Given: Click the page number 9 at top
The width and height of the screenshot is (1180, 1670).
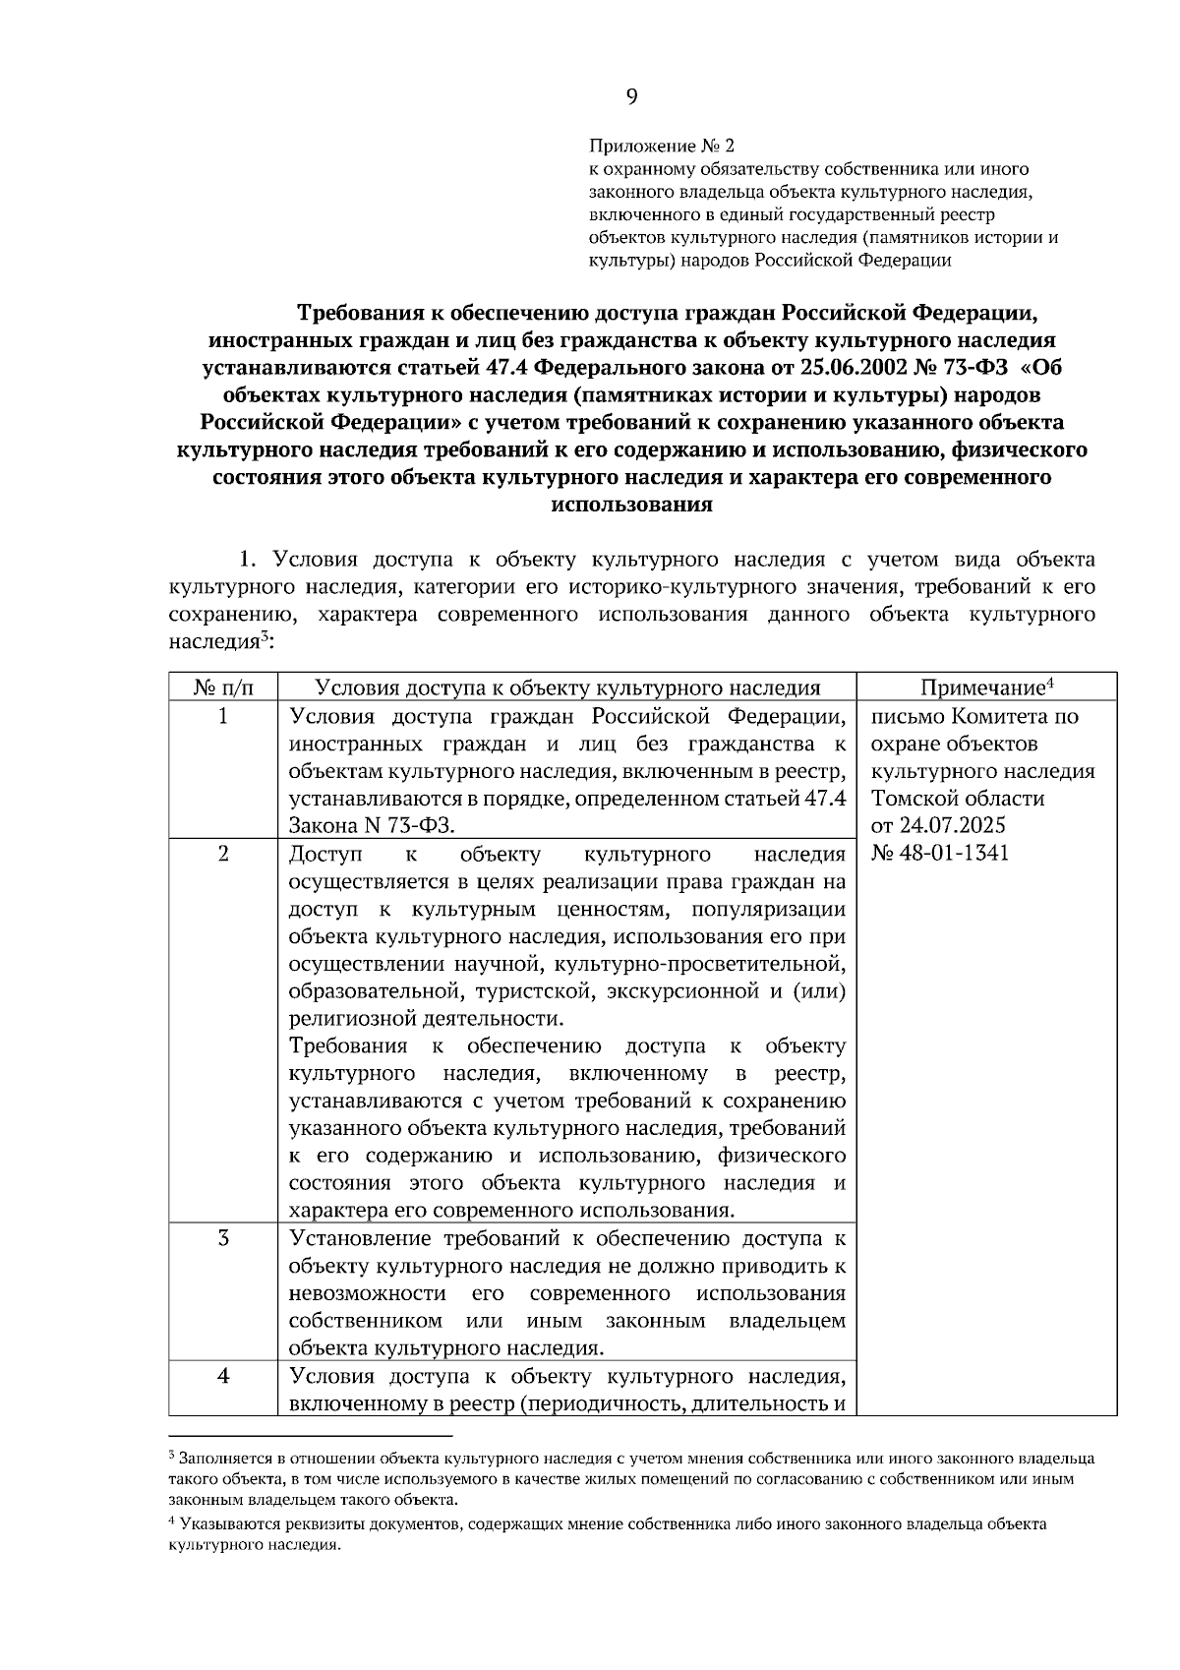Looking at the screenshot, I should (x=631, y=95).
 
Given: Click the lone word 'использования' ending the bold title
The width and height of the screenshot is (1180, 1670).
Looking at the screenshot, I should (x=631, y=506).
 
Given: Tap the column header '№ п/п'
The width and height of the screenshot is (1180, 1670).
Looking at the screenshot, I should (x=223, y=687).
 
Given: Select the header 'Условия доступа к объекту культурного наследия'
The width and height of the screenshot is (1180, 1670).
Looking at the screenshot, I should (x=567, y=687).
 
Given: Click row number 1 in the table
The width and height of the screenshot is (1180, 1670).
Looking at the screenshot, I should (x=223, y=716).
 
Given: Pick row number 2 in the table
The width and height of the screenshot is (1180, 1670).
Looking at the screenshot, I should (x=223, y=854).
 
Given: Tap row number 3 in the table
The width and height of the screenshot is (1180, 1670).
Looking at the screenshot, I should (x=223, y=1238).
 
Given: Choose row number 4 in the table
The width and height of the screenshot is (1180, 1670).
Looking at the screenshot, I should (x=223, y=1376).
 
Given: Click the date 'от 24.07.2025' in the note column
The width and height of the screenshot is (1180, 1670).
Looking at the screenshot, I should (x=938, y=825).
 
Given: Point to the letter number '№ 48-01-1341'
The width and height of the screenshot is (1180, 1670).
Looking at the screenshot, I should (x=940, y=853).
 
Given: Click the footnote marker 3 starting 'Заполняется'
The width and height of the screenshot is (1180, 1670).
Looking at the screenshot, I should (x=172, y=1455).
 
